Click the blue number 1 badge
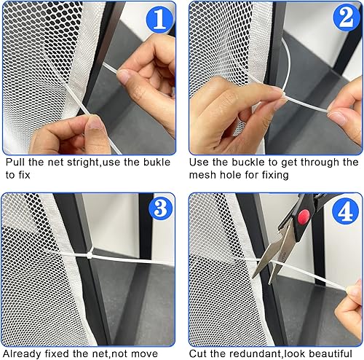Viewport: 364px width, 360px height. tap(160, 20)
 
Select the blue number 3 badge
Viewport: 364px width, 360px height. tap(160, 209)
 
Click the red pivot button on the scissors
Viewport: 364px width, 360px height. tap(304, 216)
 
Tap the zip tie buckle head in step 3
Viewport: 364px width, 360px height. tap(90, 255)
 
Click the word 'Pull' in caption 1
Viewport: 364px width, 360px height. tap(15, 162)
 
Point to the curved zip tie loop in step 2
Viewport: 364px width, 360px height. tap(287, 66)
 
